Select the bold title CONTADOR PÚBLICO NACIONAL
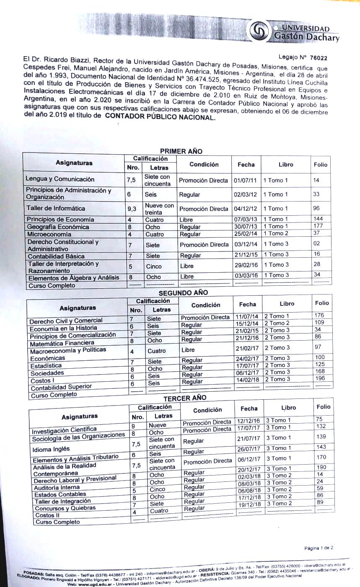(160, 118)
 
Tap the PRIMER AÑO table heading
(181, 151)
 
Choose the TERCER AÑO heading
(185, 398)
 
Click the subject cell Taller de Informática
(56, 208)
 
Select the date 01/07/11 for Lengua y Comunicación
(246, 181)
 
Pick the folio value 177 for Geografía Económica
(319, 226)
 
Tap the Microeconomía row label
(49, 234)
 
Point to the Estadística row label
(46, 366)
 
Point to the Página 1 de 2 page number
(319, 548)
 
